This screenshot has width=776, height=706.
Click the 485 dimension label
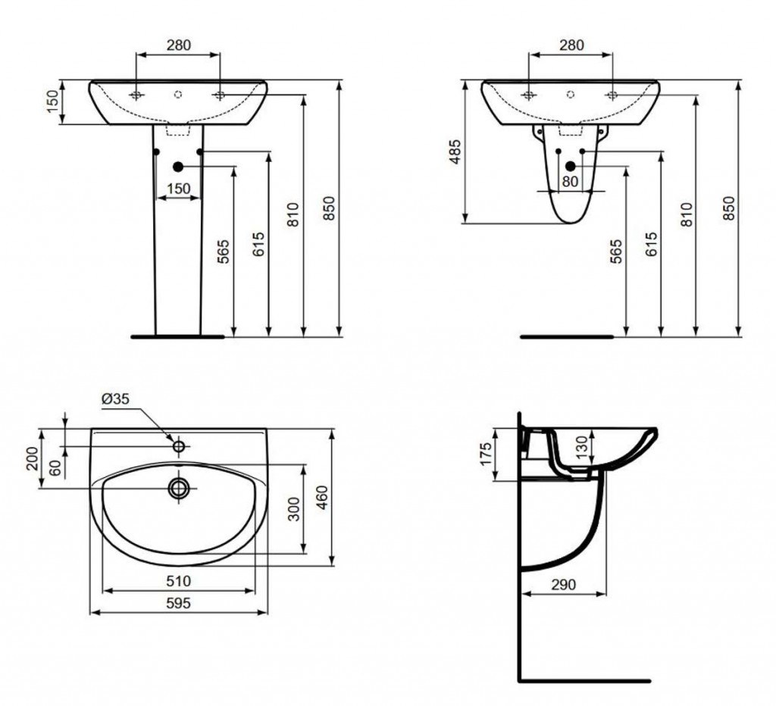pos(455,152)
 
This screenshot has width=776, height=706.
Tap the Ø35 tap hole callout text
pos(115,398)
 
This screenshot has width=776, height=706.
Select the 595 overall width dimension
pos(179,604)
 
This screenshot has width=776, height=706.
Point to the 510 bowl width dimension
pos(178,581)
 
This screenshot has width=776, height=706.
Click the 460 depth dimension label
pos(321,497)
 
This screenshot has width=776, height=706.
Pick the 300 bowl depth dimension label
pos(295,509)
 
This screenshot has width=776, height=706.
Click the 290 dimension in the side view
pos(564,585)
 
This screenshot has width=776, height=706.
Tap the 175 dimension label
pos(486,454)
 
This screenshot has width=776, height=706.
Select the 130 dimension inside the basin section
pos(583,447)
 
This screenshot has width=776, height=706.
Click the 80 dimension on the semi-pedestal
pos(570,182)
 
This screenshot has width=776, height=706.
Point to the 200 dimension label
pos(32,458)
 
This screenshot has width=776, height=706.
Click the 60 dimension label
pos(55,467)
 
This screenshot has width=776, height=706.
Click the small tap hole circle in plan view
pos(179,446)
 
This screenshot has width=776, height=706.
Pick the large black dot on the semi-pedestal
pos(571,167)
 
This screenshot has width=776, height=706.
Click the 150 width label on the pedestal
pos(179,189)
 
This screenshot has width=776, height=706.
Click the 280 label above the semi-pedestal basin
pos(571,45)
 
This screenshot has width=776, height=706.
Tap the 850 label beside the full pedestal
pos(329,208)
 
